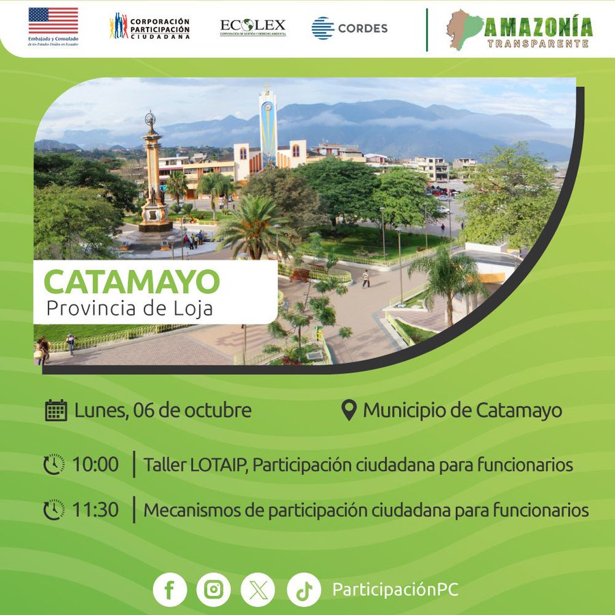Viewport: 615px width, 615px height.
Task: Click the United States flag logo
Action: pyautogui.click(x=53, y=20)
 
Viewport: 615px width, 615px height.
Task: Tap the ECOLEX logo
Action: pyautogui.click(x=253, y=27)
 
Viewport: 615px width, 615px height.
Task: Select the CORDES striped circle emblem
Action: pyautogui.click(x=323, y=28)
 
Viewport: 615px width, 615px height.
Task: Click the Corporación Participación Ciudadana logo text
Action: pyautogui.click(x=160, y=28)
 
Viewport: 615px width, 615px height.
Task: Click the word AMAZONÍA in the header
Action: pyautogui.click(x=538, y=27)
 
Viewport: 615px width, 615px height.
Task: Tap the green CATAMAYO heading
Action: pyautogui.click(x=132, y=282)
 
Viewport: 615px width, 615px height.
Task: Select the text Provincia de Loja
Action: pyautogui.click(x=129, y=308)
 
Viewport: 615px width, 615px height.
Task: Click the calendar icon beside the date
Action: pyautogui.click(x=56, y=410)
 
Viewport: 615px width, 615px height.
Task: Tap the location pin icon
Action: pyautogui.click(x=348, y=410)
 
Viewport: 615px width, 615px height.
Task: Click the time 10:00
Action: pyautogui.click(x=95, y=465)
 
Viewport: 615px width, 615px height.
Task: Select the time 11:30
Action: pyautogui.click(x=95, y=510)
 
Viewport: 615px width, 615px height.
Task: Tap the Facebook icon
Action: pyautogui.click(x=170, y=590)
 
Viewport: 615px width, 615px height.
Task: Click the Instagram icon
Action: pyautogui.click(x=214, y=590)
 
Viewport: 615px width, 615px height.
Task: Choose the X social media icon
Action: pyautogui.click(x=258, y=590)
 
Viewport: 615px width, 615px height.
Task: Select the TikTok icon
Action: pyautogui.click(x=304, y=590)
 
